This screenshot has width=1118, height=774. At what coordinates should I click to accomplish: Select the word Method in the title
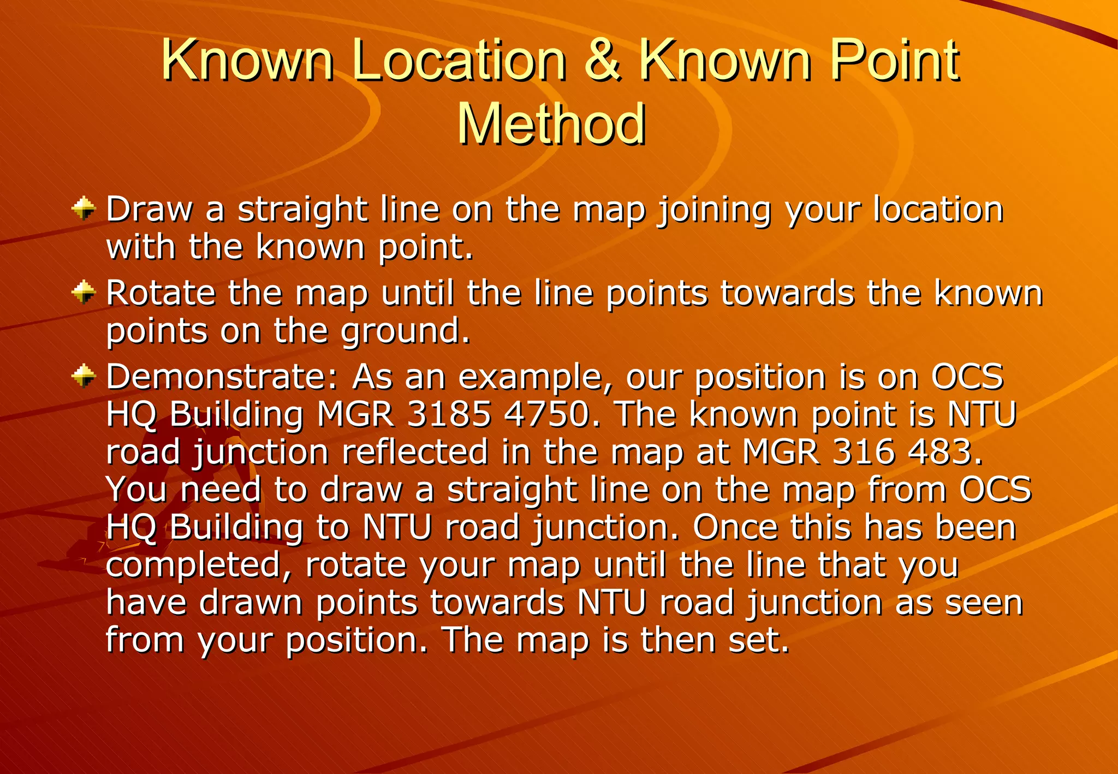[x=551, y=124]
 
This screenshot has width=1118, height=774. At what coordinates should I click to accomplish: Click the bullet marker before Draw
[x=84, y=209]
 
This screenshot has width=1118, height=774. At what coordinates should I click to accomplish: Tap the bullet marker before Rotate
[x=84, y=292]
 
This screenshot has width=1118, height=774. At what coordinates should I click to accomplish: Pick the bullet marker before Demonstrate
[x=84, y=376]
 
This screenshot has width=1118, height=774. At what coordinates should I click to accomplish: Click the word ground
[x=405, y=331]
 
